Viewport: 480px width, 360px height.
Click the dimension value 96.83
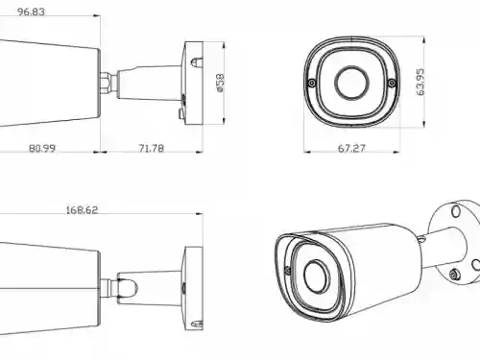click(31, 12)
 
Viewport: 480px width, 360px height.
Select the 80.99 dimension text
click(42, 149)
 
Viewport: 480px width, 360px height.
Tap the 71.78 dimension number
click(151, 149)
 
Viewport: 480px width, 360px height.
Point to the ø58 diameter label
click(221, 84)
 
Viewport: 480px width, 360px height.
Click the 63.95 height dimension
click(420, 82)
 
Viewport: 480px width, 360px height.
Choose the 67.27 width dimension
click(351, 149)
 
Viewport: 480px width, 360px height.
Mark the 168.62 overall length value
click(82, 210)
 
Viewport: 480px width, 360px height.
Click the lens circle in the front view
click(351, 83)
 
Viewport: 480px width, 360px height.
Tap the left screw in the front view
click(312, 84)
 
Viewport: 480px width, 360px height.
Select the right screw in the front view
click(392, 84)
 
